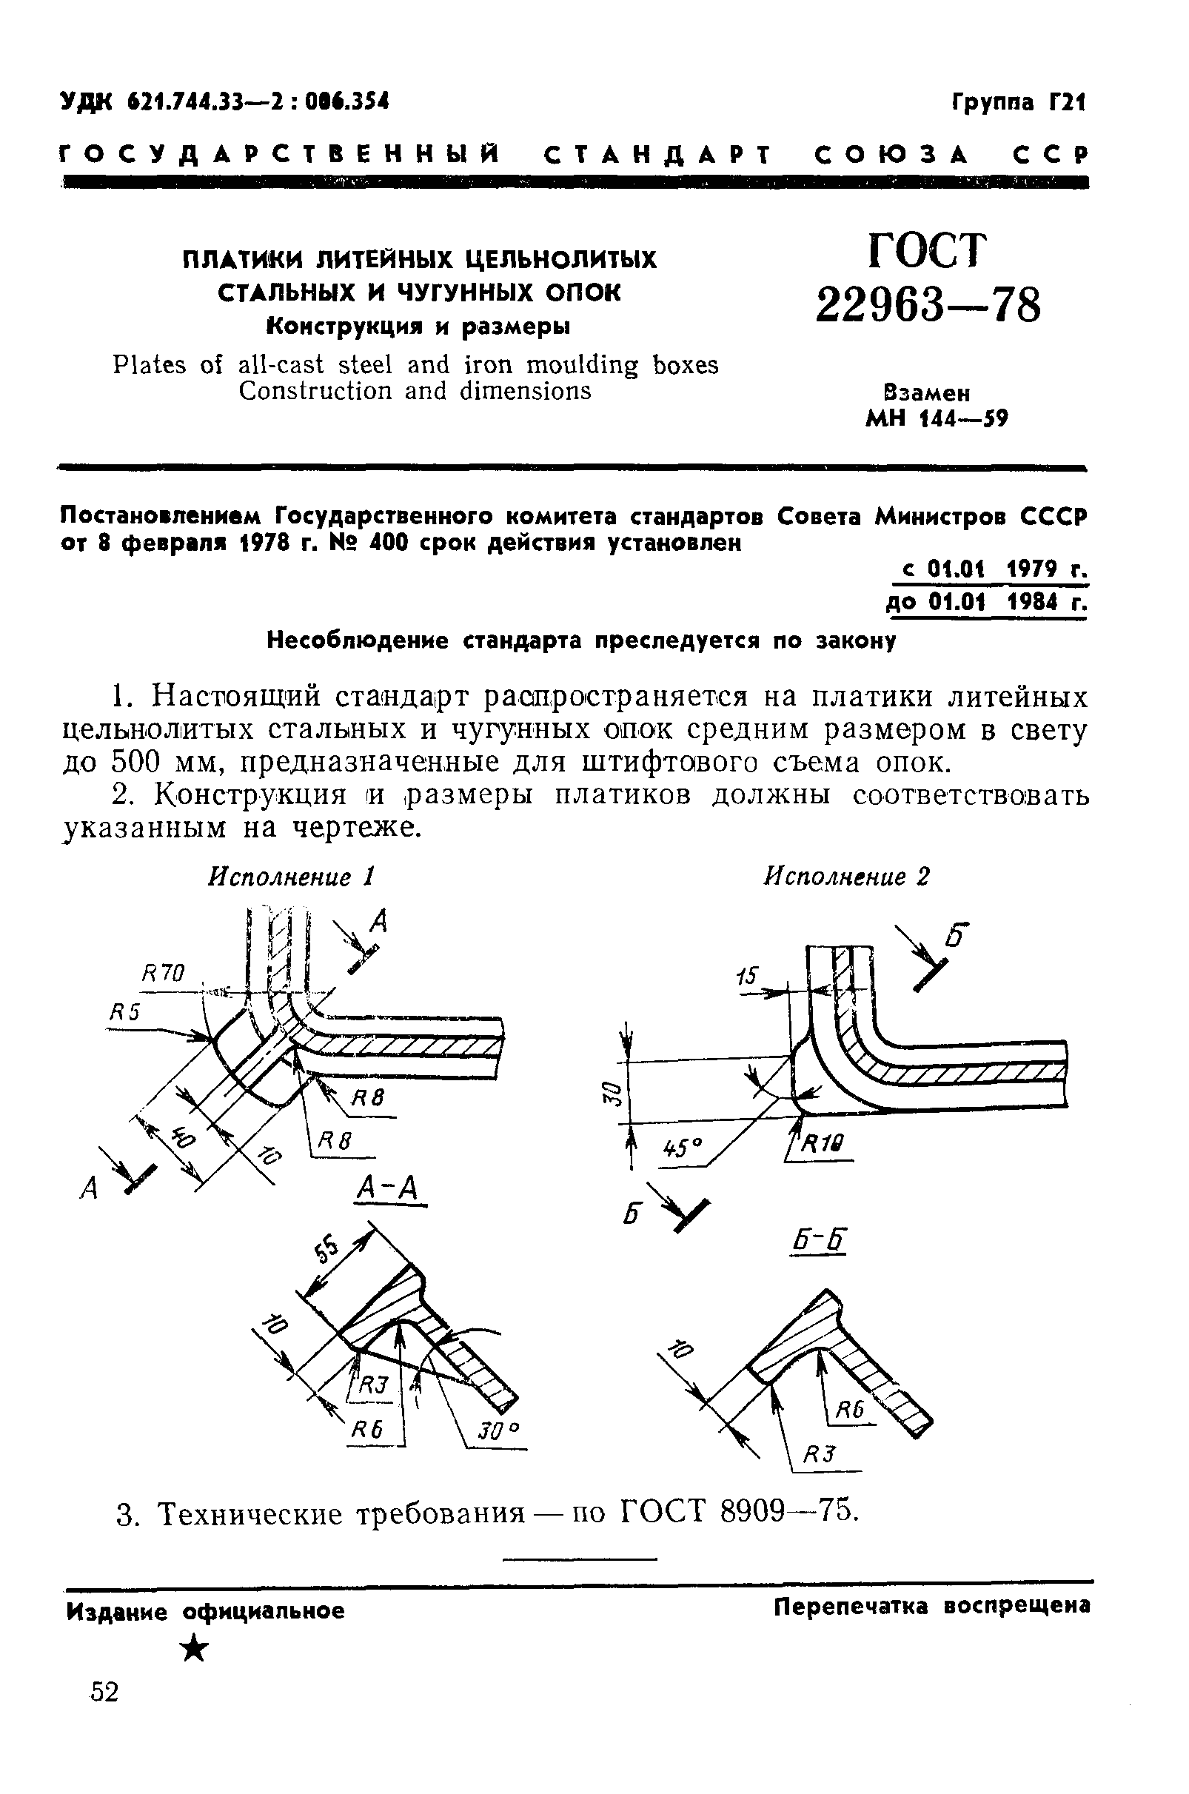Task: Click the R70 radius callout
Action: click(163, 972)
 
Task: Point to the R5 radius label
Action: click(125, 1012)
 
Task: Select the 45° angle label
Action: click(683, 1150)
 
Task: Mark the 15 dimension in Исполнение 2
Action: click(747, 977)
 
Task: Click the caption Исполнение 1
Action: click(292, 877)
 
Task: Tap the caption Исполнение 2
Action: click(845, 877)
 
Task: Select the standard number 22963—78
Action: click(928, 305)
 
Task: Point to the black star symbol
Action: click(195, 1648)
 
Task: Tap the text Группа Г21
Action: click(1019, 101)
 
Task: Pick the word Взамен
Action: click(927, 392)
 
